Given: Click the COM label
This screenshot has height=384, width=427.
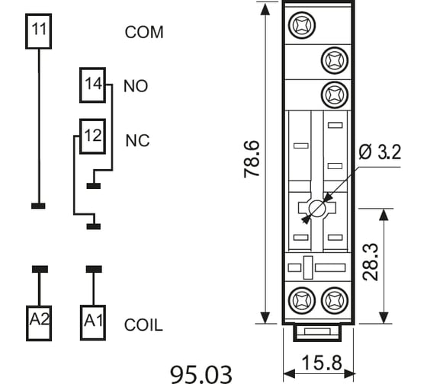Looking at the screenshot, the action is [144, 32].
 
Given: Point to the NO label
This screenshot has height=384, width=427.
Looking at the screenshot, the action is [136, 86].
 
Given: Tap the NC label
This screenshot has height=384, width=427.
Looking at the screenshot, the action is [137, 141].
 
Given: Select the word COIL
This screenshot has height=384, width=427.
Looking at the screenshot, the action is [143, 325].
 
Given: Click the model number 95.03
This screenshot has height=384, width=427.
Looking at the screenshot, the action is [201, 374].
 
